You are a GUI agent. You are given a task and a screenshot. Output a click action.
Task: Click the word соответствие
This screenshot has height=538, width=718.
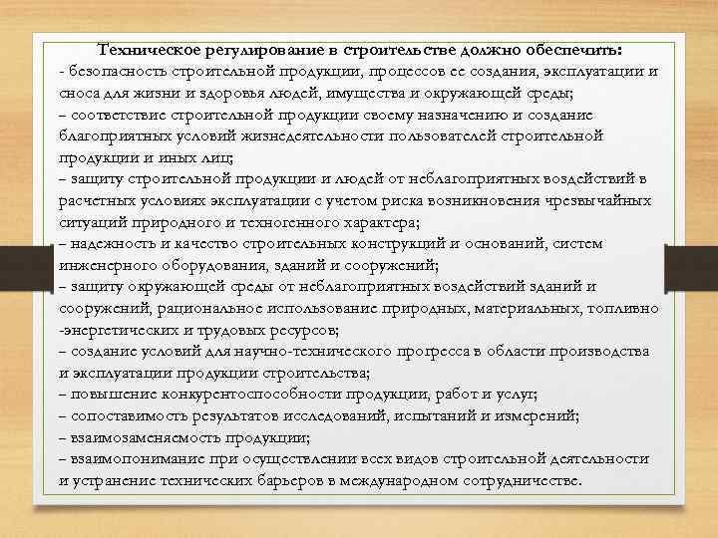coord(119,116)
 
